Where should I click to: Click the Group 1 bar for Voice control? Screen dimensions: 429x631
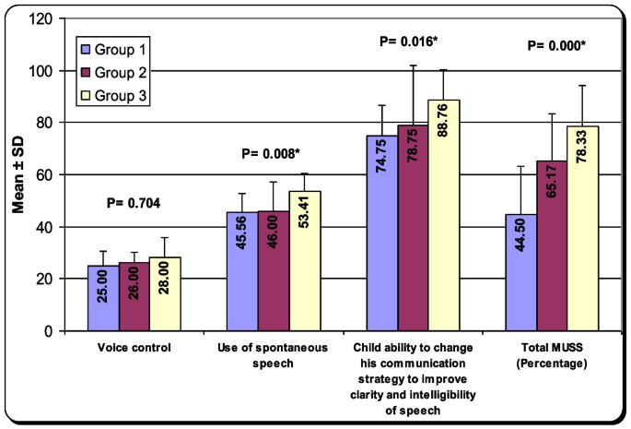pos(103,298)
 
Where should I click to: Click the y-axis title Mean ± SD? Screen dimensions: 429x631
pos(18,175)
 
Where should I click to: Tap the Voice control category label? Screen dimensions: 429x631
pos(134,348)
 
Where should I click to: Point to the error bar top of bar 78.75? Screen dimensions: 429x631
pos(414,66)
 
